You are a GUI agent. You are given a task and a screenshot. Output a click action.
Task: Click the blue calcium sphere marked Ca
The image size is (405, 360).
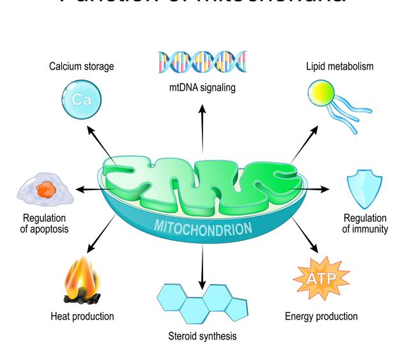point(79,100)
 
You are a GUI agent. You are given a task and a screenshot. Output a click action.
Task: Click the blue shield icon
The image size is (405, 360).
point(363,190)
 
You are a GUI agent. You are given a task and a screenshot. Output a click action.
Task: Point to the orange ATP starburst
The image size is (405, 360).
point(321,278)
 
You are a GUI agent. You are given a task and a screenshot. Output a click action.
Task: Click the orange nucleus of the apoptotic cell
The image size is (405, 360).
point(45,189)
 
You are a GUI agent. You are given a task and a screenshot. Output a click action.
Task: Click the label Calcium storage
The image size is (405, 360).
point(81,66)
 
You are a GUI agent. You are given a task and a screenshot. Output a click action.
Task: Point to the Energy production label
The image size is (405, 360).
point(321,316)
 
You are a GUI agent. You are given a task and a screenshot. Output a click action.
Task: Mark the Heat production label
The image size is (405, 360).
point(82,316)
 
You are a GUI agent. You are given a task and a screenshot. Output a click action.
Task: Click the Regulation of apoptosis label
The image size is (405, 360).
point(44,224)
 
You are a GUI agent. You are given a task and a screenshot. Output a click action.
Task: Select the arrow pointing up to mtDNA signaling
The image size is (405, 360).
point(202,121)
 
